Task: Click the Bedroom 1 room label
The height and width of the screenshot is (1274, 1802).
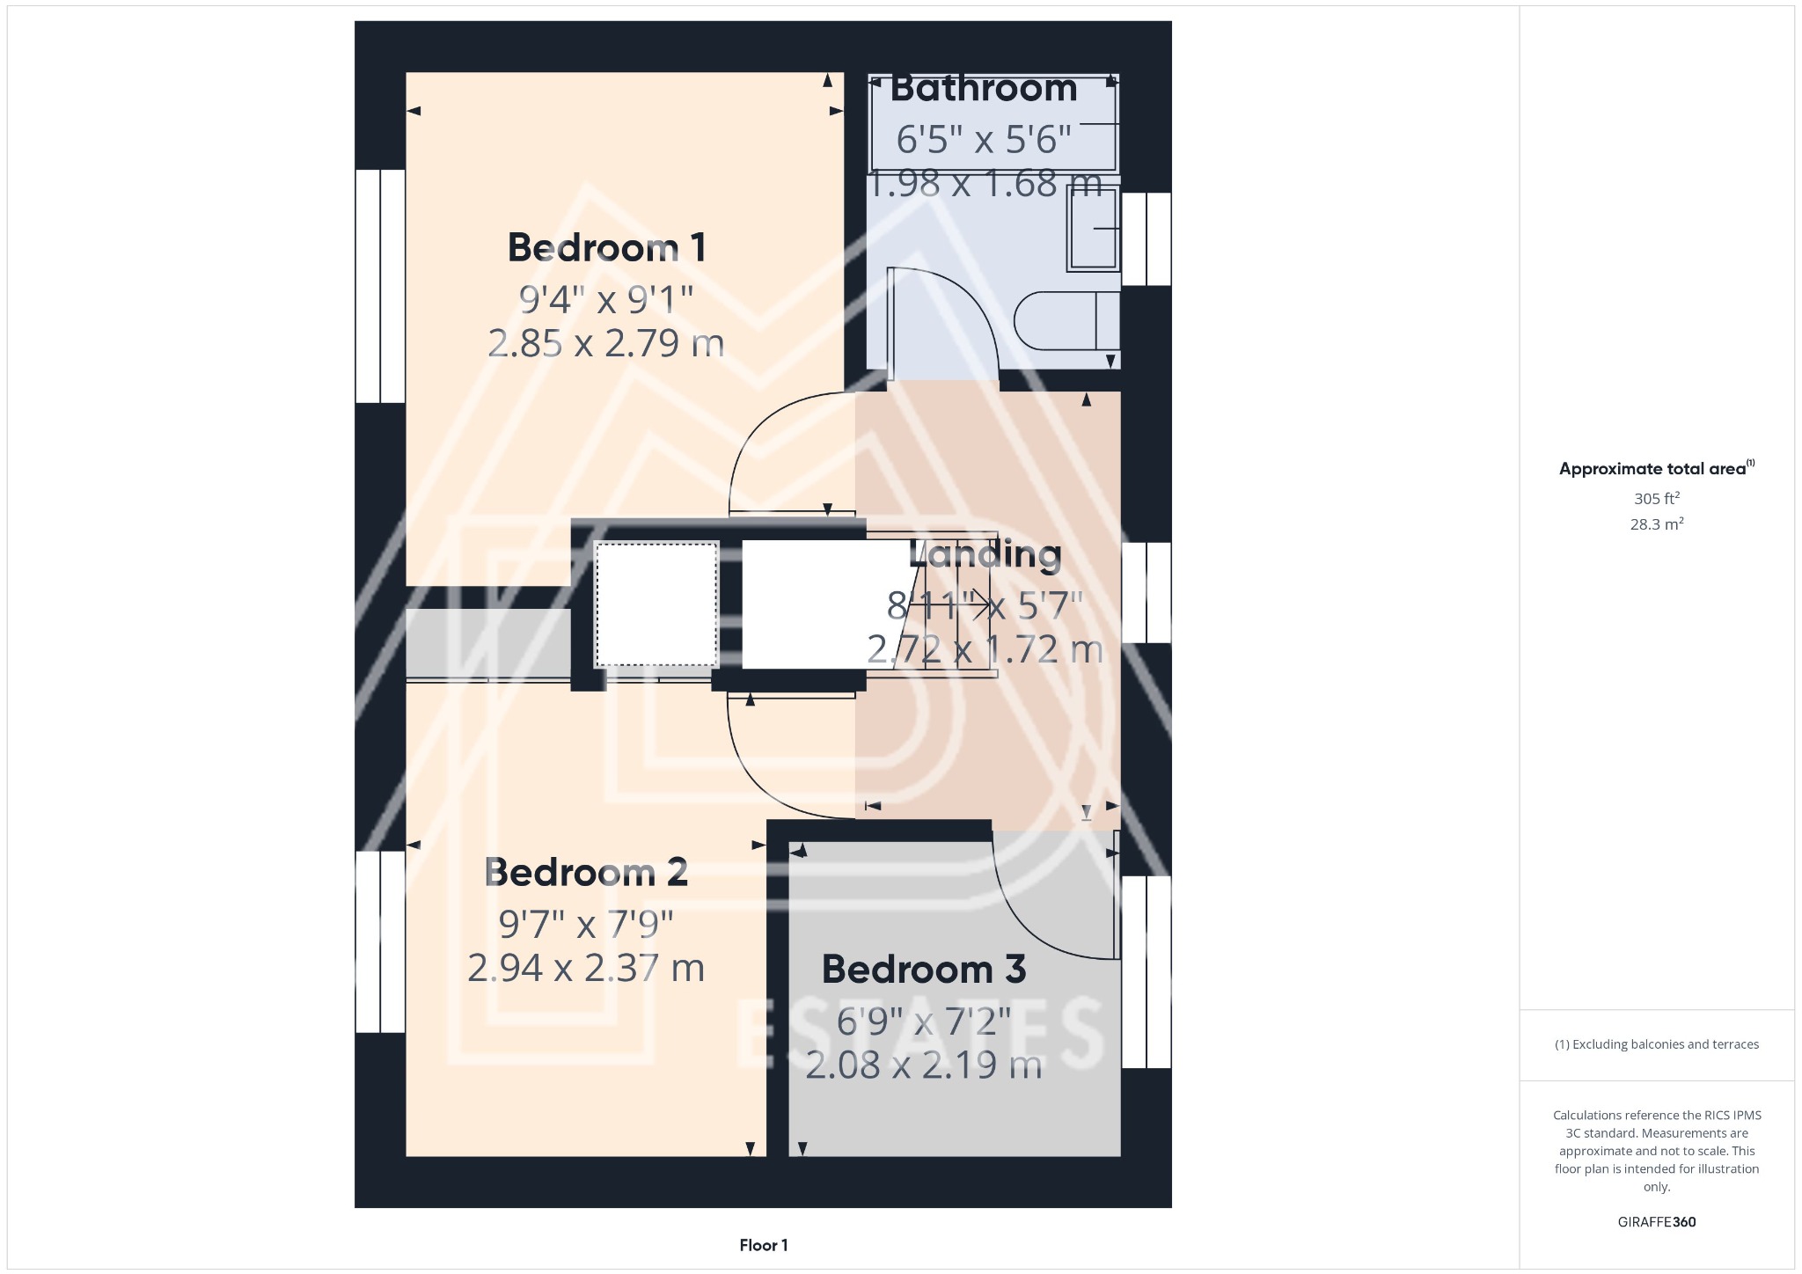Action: (x=606, y=248)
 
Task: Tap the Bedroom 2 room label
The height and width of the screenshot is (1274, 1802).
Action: (x=586, y=873)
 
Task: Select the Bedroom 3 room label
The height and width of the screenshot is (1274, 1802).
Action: (x=923, y=970)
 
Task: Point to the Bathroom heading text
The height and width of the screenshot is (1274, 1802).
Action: (x=984, y=89)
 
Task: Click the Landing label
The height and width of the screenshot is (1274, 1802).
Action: (x=985, y=554)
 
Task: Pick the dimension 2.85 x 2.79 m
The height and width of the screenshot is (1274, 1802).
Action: (x=606, y=343)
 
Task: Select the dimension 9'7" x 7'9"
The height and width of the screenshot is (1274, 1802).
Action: (x=586, y=924)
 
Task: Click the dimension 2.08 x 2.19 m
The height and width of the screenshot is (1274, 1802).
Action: (x=923, y=1065)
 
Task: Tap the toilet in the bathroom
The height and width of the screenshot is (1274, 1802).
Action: (x=1065, y=321)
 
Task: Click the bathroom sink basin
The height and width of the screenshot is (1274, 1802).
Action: (x=1092, y=229)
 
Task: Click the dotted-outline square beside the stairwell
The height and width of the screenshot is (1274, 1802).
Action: (x=656, y=604)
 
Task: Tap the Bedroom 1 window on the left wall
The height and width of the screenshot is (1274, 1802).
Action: (x=380, y=286)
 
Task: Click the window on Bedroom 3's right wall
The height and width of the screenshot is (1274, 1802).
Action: (x=1146, y=971)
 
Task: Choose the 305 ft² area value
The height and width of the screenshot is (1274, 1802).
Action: (x=1656, y=499)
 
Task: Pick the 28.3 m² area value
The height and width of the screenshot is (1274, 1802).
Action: (x=1656, y=524)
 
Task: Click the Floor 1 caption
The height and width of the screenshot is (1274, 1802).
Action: (x=763, y=1245)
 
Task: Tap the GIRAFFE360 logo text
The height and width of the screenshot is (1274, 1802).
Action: (x=1656, y=1222)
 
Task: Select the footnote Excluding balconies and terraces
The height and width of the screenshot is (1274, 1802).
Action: (x=1656, y=1044)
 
